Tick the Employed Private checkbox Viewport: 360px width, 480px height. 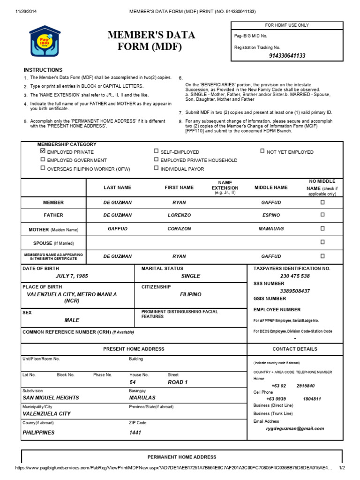point(43,151)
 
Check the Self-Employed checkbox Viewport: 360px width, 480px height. point(156,151)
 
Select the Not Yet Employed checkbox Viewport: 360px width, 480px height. point(262,151)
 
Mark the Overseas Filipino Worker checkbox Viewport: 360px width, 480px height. point(43,168)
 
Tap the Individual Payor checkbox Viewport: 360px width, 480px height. point(156,168)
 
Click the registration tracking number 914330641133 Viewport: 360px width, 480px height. point(287,56)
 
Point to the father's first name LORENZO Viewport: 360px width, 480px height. point(179,215)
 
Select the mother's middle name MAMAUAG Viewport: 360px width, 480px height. point(271,229)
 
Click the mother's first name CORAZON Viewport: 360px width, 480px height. point(179,229)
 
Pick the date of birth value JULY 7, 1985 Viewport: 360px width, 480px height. point(72,276)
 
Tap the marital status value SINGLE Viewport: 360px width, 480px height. point(190,276)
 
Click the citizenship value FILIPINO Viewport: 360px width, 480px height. point(190,294)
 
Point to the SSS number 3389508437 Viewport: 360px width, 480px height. point(295,291)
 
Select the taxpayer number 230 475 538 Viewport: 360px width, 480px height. point(295,276)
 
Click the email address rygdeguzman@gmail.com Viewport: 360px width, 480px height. point(295,428)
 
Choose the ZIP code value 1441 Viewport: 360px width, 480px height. point(135,433)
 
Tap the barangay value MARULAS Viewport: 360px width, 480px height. point(143,397)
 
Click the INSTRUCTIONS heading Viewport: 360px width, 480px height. point(43,70)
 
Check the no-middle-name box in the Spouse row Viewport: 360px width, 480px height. point(322,242)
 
